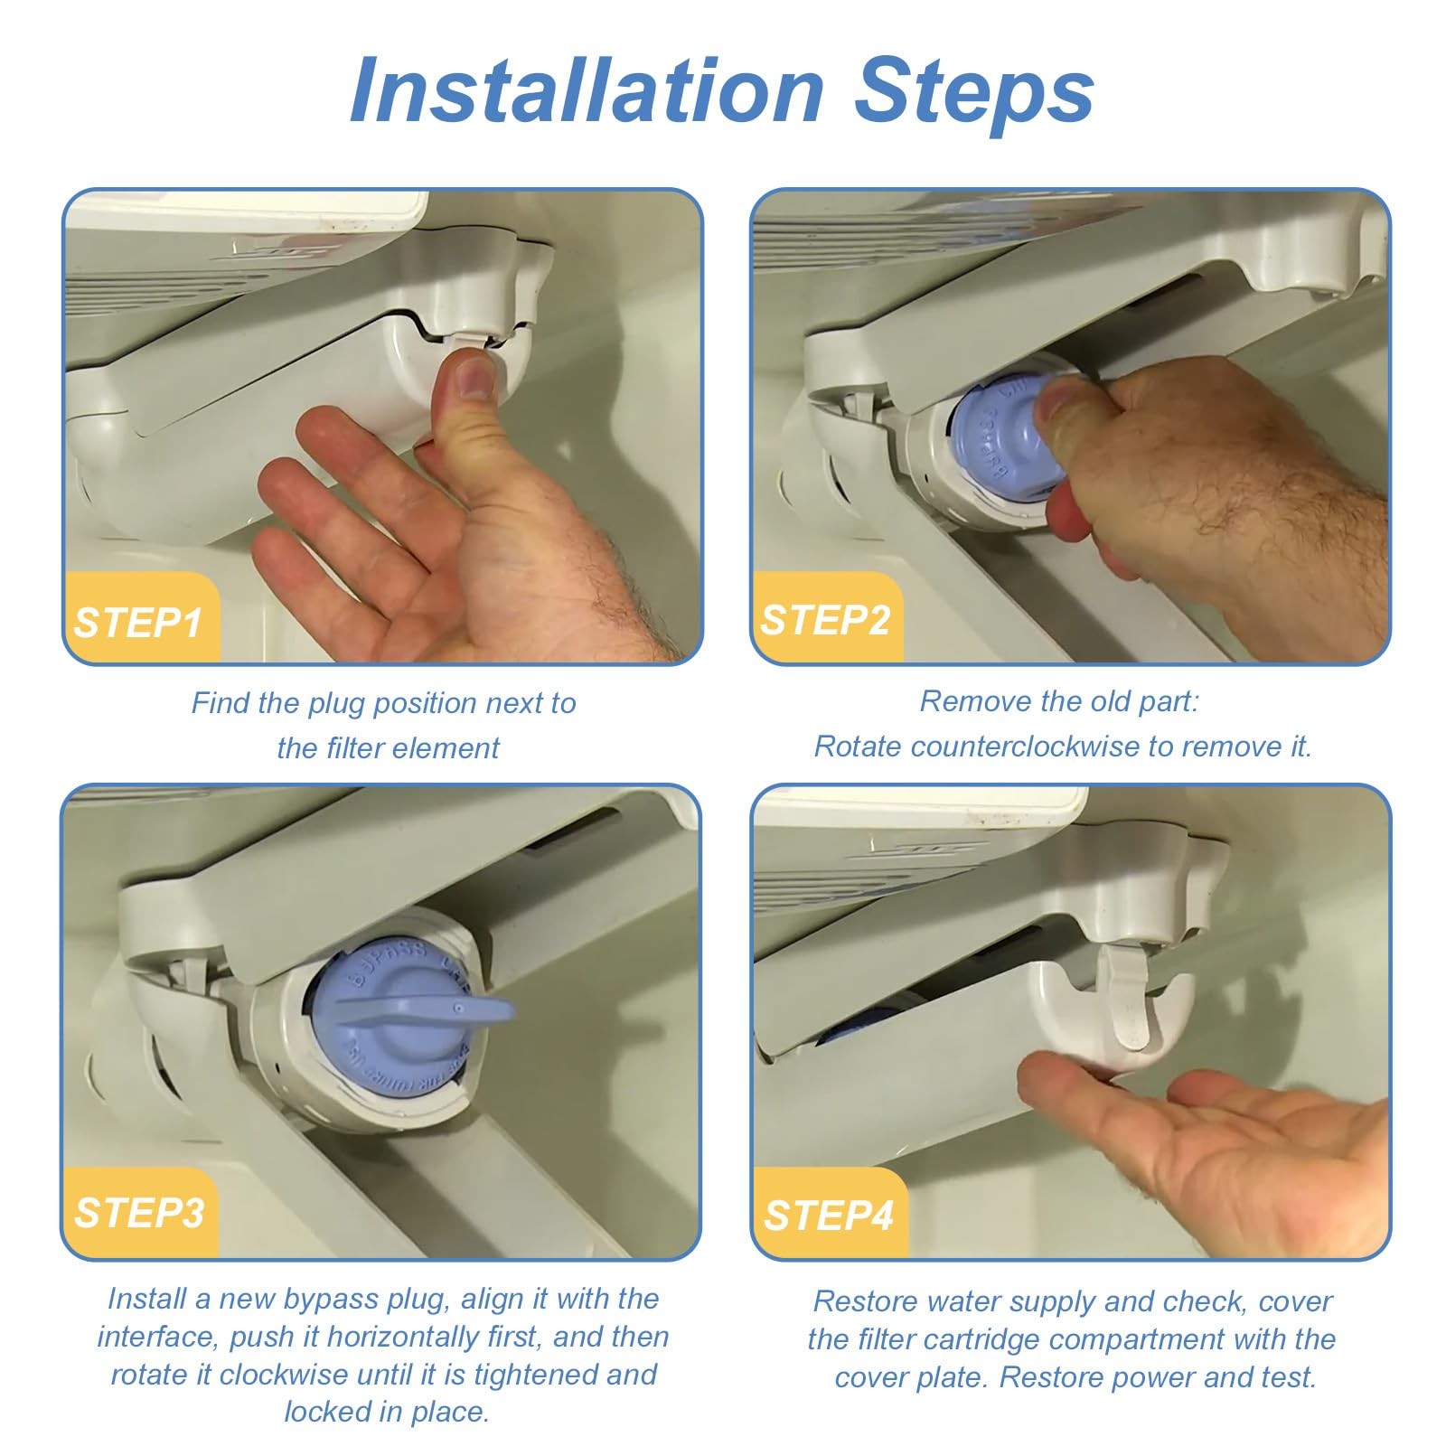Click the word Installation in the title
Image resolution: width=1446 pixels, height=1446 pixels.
587,90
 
